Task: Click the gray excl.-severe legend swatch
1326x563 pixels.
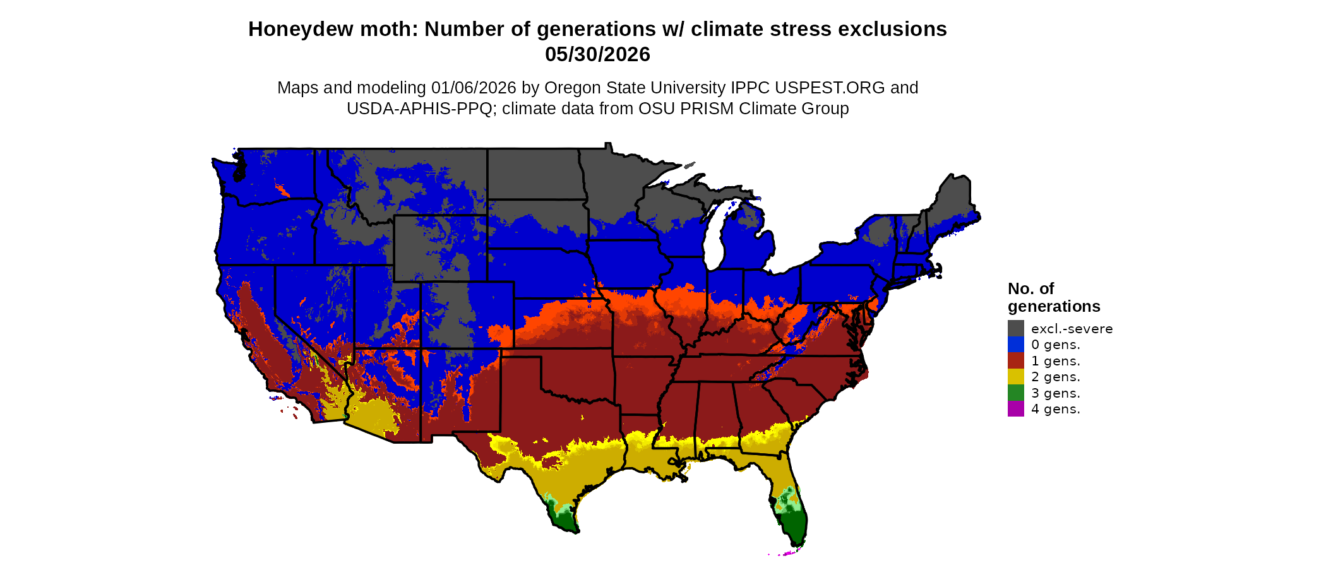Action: coord(1015,328)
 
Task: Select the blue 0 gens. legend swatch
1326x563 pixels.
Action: coord(1015,345)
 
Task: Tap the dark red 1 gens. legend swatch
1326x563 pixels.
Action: coord(1015,361)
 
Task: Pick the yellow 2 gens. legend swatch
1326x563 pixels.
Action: coord(1015,377)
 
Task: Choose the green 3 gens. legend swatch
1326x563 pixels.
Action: coord(1015,393)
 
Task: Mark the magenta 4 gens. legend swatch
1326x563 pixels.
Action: coord(1015,409)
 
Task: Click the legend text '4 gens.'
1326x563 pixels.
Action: coord(1056,409)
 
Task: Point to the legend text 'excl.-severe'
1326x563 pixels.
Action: coord(1072,329)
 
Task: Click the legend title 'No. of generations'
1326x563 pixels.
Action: coord(1053,297)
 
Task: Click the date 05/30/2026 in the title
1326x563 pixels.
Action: coord(597,54)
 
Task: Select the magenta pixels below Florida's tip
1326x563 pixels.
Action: coord(787,554)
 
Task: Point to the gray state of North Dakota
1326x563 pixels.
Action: coord(534,174)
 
